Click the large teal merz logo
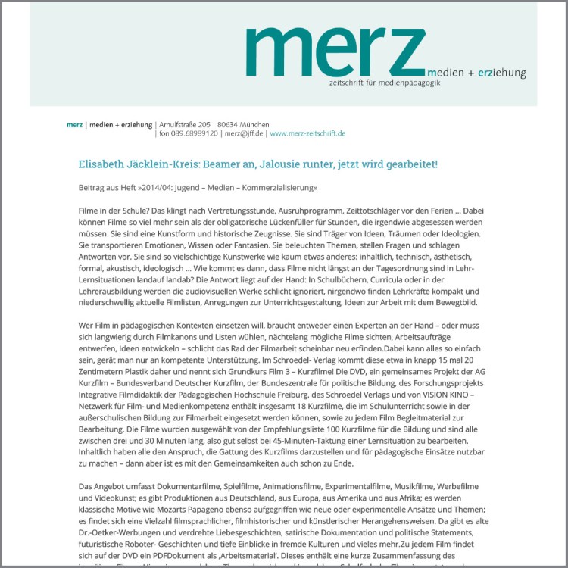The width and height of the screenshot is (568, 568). [x=335, y=52]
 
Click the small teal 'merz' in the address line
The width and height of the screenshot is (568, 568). [x=74, y=124]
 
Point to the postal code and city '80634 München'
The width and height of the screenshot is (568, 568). [x=243, y=124]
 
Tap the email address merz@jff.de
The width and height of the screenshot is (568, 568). [x=244, y=133]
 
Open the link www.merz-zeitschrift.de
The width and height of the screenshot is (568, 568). [x=307, y=133]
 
